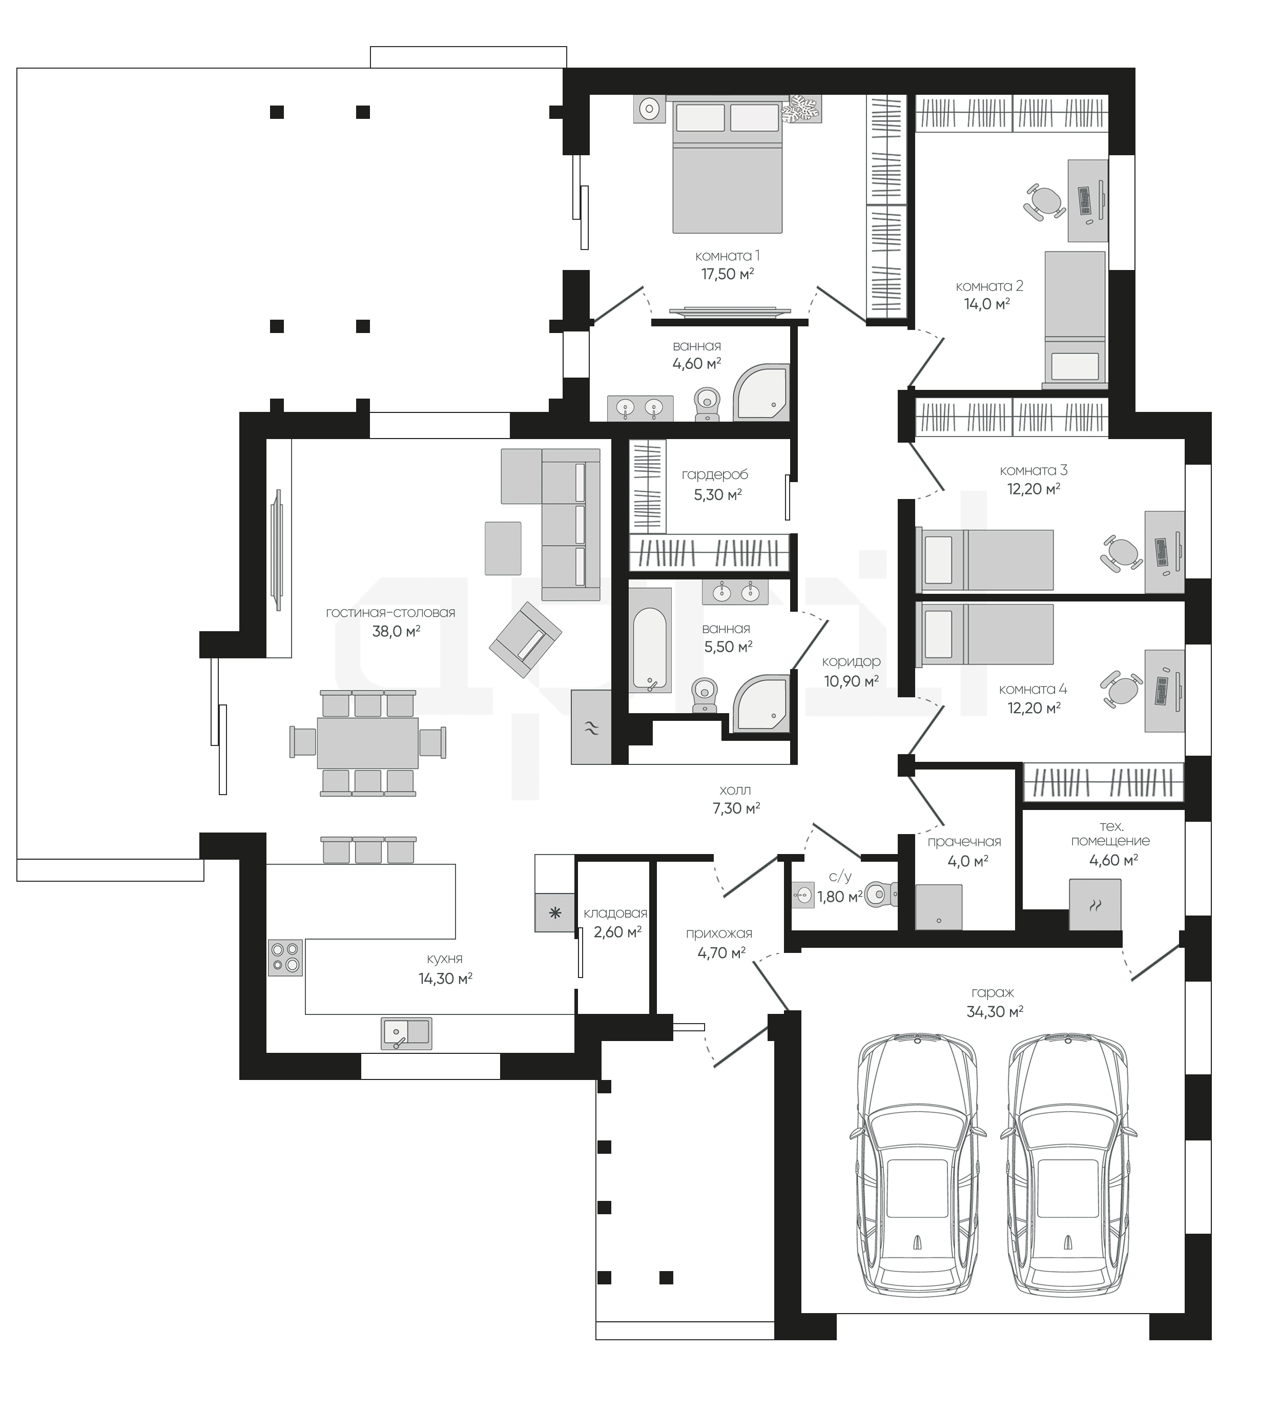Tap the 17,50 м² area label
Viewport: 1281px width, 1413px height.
tap(727, 274)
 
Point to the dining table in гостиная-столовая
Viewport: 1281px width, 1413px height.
tap(367, 743)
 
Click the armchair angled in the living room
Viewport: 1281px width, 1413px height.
tap(525, 641)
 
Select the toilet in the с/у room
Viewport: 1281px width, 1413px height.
tap(881, 895)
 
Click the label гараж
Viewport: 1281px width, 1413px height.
tap(992, 992)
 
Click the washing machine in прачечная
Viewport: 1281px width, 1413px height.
tap(938, 907)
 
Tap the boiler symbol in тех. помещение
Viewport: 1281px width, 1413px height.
tap(1094, 904)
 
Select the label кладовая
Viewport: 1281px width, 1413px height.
tap(615, 913)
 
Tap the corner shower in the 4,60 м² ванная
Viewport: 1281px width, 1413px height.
tap(761, 392)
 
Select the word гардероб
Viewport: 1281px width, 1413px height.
tap(714, 474)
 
